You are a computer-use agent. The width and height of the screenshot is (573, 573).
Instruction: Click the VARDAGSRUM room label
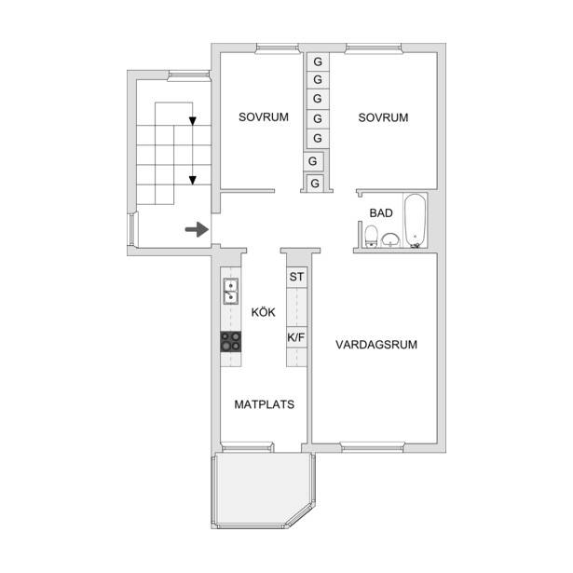(x=376, y=345)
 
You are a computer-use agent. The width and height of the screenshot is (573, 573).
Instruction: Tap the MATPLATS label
(x=265, y=404)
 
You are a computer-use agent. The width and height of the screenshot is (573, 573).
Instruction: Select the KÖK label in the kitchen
(x=263, y=312)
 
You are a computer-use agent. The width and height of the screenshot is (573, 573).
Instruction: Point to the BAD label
(x=381, y=213)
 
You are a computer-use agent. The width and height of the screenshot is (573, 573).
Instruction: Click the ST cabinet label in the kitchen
(x=296, y=277)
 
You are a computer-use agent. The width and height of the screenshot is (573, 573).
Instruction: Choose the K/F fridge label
(x=296, y=337)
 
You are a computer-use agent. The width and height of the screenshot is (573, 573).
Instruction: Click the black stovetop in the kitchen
(x=231, y=342)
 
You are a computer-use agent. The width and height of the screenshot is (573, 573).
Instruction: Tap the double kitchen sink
(x=230, y=292)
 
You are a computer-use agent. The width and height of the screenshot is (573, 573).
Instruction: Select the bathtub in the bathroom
(x=416, y=221)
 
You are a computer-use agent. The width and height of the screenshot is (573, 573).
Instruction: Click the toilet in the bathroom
(x=371, y=237)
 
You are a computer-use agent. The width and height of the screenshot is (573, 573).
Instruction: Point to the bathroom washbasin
(x=390, y=240)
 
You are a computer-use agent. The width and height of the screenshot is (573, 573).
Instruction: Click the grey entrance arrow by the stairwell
(x=197, y=229)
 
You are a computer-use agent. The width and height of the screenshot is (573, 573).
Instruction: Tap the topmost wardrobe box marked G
(x=318, y=61)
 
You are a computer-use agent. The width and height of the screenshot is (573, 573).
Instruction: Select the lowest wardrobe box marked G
(x=315, y=183)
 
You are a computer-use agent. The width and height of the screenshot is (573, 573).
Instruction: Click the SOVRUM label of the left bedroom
(x=264, y=117)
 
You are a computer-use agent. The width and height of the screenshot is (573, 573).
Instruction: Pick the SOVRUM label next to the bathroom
(x=383, y=117)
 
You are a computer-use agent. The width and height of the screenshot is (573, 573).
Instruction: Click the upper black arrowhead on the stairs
(x=193, y=121)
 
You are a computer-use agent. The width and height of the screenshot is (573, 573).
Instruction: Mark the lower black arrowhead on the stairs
(x=193, y=180)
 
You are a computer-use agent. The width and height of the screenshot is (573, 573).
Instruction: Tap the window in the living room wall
(x=373, y=447)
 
